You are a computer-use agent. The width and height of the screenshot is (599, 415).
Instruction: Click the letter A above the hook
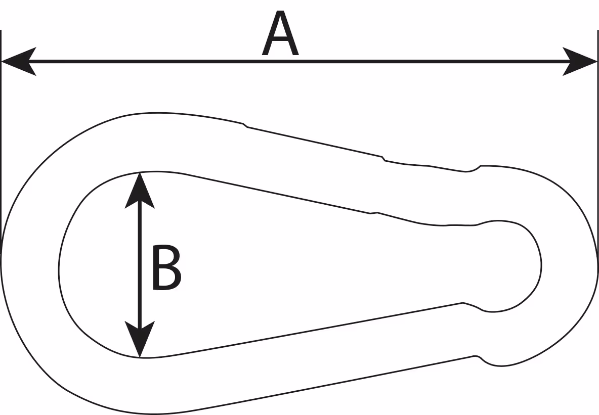click(280, 33)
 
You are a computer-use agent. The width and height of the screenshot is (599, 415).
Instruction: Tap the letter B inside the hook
click(166, 267)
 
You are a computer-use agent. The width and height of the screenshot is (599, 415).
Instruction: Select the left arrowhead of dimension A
click(19, 61)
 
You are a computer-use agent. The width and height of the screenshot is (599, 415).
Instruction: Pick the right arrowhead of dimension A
click(579, 61)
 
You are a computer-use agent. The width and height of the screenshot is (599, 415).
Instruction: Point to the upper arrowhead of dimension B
click(140, 191)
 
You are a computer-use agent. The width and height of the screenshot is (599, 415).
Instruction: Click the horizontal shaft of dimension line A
click(299, 61)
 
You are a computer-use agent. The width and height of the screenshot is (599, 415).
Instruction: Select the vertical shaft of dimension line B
click(140, 264)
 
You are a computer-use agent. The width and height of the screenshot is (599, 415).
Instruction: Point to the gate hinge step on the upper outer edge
click(245, 125)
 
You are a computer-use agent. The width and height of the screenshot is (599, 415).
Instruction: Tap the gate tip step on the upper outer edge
click(383, 158)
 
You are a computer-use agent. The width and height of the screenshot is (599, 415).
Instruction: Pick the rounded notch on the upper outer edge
click(472, 169)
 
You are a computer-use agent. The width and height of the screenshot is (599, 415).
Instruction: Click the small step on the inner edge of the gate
click(373, 213)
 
